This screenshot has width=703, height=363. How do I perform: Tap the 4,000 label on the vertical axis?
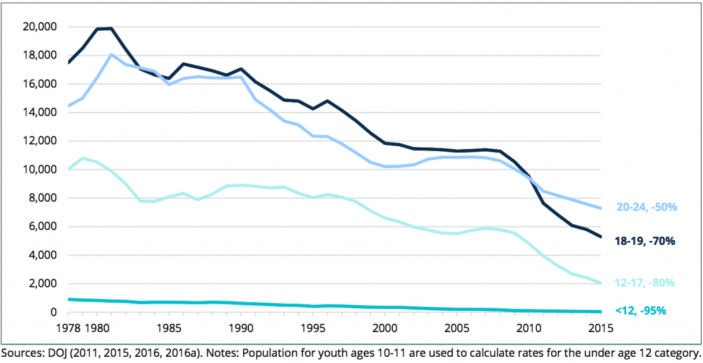click(x=43, y=255)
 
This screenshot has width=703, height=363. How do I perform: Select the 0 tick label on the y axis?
click(x=54, y=312)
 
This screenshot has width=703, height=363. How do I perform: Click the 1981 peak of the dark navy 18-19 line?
click(x=111, y=28)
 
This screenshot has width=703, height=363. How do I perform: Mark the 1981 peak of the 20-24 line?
click(x=111, y=54)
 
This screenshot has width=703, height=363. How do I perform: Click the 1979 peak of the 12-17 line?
click(x=82, y=159)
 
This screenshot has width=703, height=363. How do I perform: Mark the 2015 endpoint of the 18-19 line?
click(x=601, y=237)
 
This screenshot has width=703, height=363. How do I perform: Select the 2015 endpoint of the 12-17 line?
click(x=601, y=283)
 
